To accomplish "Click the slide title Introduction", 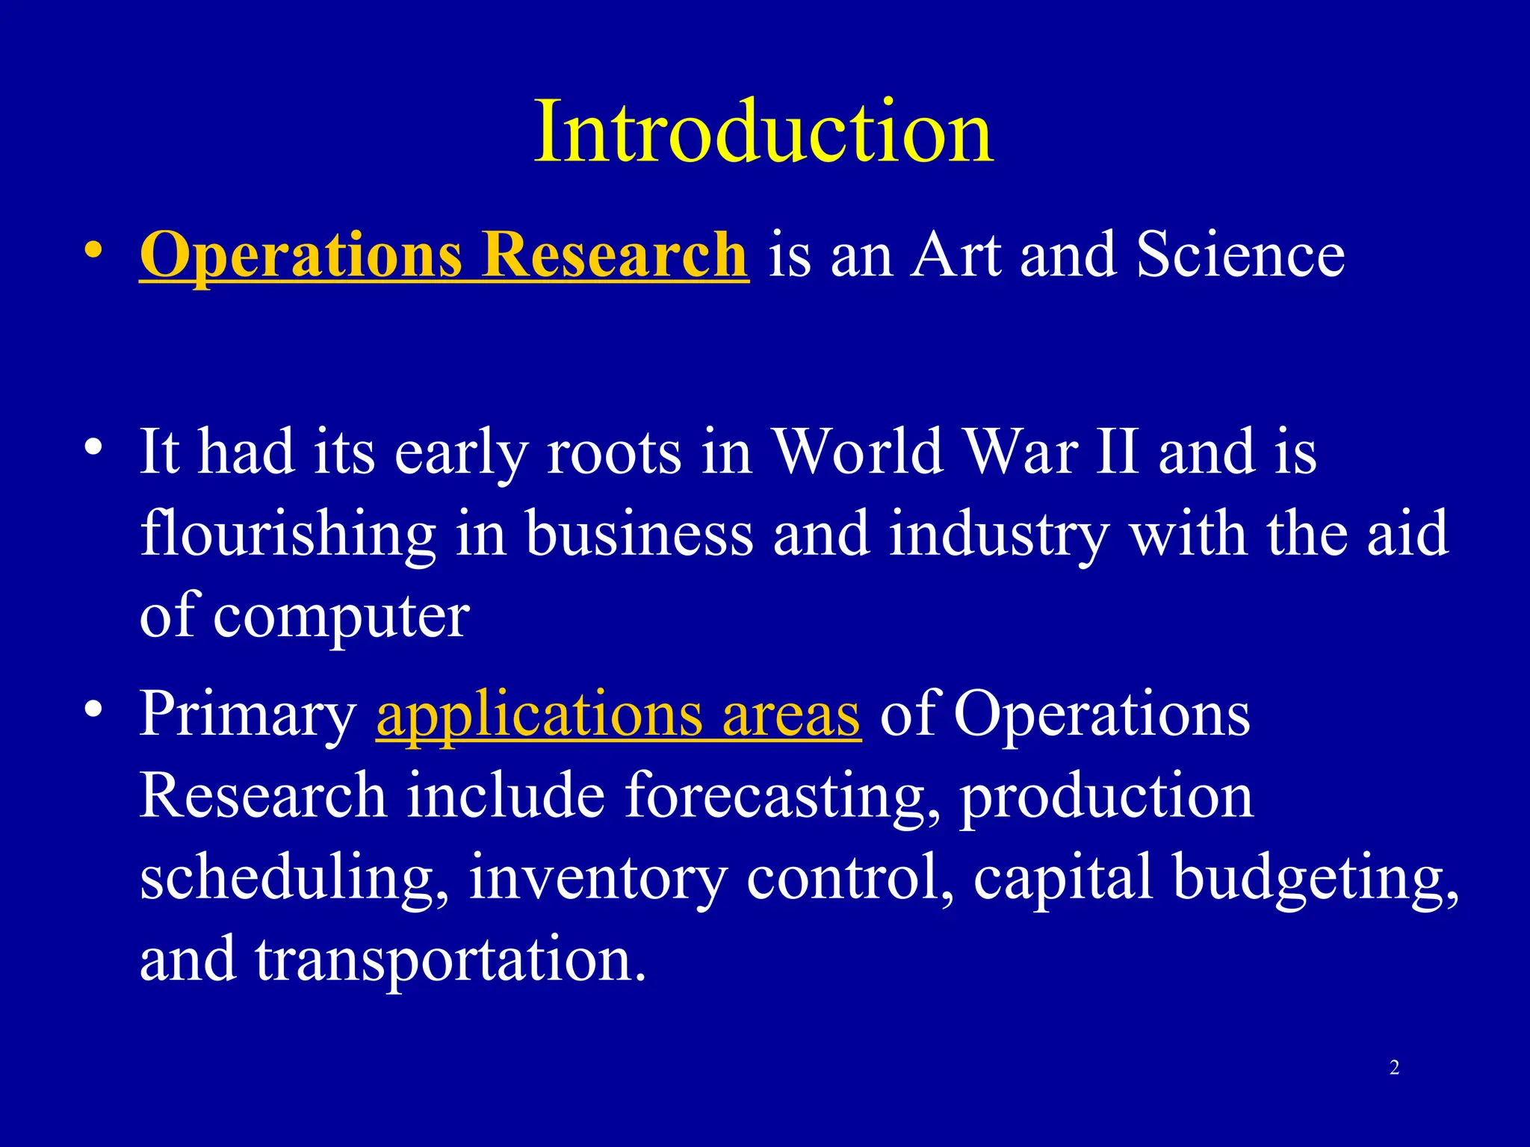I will (x=764, y=132).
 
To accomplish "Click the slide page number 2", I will (x=1394, y=1068).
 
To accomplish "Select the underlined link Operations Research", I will (x=444, y=255).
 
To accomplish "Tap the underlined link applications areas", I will (x=619, y=715).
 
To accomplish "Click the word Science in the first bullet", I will (x=1240, y=255).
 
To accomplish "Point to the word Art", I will (x=956, y=255).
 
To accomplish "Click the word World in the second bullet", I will (x=857, y=453).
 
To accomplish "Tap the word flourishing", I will (x=288, y=535).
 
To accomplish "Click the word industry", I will (x=999, y=535).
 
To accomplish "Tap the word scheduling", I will (x=294, y=878).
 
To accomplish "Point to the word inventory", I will (x=598, y=878).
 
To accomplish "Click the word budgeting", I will (x=1313, y=878).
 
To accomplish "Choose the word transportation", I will (x=450, y=960).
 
